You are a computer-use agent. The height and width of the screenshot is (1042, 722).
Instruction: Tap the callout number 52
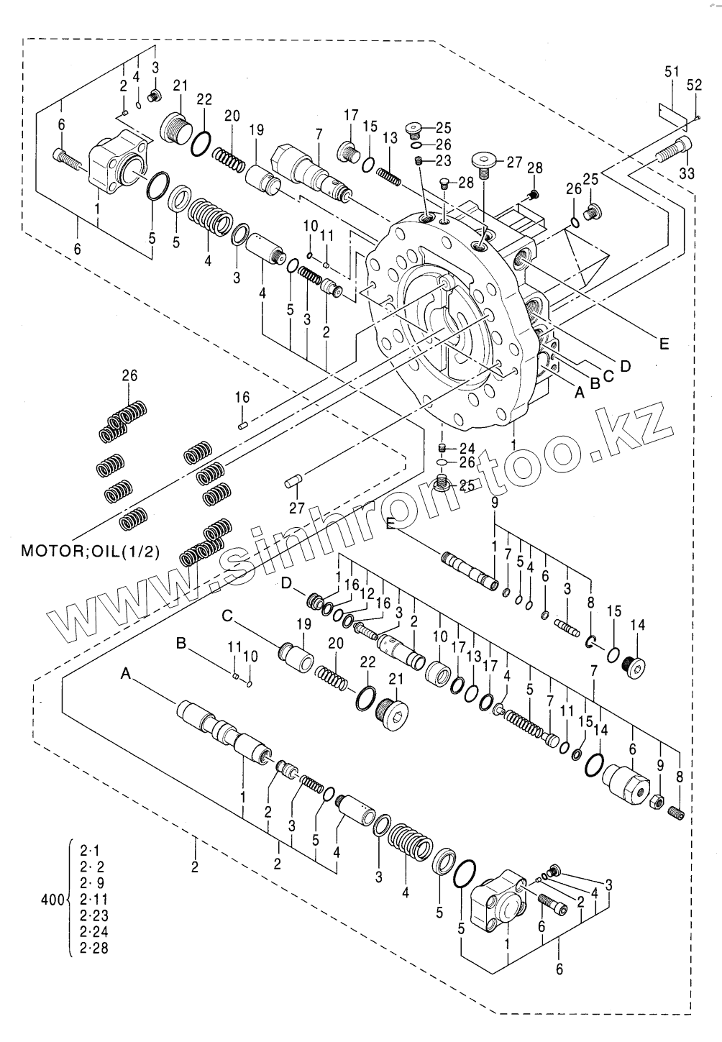pos(694,85)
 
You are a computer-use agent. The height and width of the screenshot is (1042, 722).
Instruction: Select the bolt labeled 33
pos(673,149)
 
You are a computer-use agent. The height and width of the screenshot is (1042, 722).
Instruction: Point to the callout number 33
pos(687,173)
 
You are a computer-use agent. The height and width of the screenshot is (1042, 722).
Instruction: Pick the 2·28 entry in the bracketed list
pos(93,949)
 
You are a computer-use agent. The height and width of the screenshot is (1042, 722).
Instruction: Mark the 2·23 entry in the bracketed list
pos(93,915)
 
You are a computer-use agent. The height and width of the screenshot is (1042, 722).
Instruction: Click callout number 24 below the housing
pos(467,447)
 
